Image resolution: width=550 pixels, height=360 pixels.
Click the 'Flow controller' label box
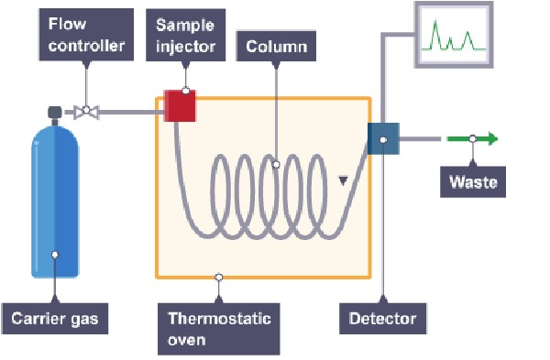(86, 35)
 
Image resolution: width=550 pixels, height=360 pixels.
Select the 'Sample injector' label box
(185, 35)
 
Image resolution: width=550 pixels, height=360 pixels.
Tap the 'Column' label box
(277, 47)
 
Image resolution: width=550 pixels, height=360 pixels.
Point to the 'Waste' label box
(473, 182)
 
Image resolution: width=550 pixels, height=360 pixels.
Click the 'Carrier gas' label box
(55, 319)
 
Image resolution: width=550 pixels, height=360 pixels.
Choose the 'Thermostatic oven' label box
(219, 329)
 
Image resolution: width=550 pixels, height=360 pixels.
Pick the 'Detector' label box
(382, 319)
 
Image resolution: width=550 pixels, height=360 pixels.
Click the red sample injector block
(180, 106)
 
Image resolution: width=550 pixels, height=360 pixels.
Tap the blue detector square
(383, 139)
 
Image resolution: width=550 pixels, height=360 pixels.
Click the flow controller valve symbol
(86, 112)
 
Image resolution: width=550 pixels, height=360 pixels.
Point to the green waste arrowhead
(493, 139)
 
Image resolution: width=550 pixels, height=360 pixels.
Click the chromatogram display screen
(454, 35)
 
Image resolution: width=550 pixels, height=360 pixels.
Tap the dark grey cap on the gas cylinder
(55, 112)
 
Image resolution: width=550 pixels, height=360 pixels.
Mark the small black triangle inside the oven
(343, 180)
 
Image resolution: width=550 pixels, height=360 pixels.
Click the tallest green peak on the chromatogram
(435, 35)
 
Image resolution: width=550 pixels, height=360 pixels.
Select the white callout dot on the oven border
(218, 278)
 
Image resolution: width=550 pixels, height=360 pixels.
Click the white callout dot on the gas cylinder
(55, 255)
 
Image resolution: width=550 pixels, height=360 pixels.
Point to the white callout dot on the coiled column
(276, 164)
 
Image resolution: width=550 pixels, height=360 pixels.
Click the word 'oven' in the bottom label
(187, 340)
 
